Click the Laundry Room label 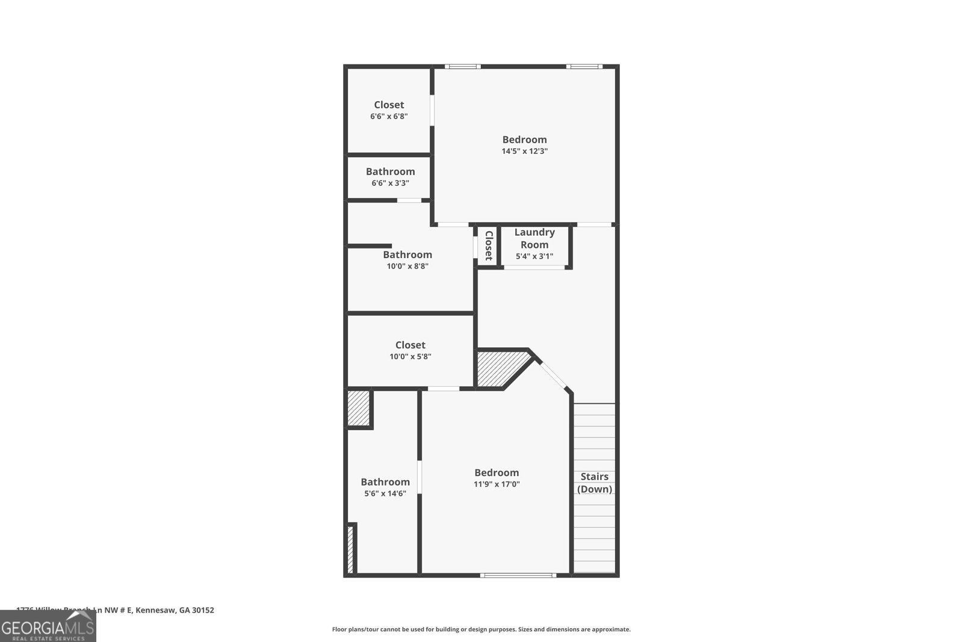tap(534, 238)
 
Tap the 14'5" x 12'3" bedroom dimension tap(524, 152)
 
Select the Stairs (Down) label tap(595, 483)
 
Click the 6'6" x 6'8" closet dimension tap(389, 116)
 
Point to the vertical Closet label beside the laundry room tap(488, 245)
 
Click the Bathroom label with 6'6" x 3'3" tap(390, 171)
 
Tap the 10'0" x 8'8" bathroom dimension tap(407, 266)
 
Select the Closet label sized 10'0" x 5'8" tap(410, 345)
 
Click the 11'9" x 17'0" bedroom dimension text tap(497, 484)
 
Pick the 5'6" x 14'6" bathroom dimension tap(385, 493)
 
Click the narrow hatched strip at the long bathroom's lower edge tap(350, 549)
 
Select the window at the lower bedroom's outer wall tap(518, 575)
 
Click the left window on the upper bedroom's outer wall tap(462, 66)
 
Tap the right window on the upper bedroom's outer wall tap(584, 66)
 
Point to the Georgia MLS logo tap(48, 626)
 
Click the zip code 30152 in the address tap(203, 610)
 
